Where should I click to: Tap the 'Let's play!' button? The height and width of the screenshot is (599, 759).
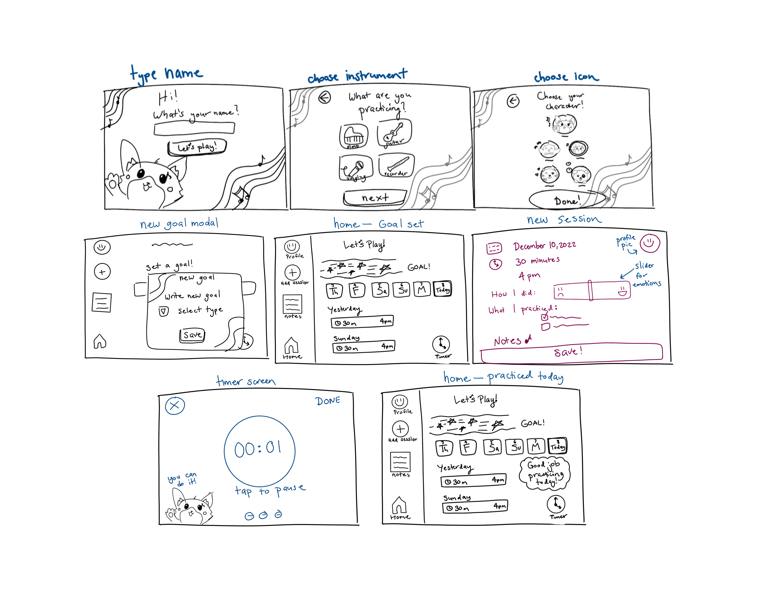[197, 147]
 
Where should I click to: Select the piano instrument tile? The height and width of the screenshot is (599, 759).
[353, 136]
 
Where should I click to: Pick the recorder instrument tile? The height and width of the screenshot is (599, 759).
[396, 165]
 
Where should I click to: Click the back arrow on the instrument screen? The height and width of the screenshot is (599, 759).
[324, 98]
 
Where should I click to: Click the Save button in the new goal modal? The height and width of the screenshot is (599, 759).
[192, 335]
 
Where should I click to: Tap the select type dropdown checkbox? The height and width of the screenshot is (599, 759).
[163, 311]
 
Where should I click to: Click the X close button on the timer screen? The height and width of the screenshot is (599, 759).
[175, 406]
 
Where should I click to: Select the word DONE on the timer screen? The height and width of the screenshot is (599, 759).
[328, 401]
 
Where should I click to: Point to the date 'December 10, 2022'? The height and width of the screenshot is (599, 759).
[545, 246]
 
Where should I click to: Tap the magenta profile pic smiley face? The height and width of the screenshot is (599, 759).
[650, 243]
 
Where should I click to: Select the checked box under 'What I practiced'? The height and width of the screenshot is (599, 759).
[544, 317]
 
